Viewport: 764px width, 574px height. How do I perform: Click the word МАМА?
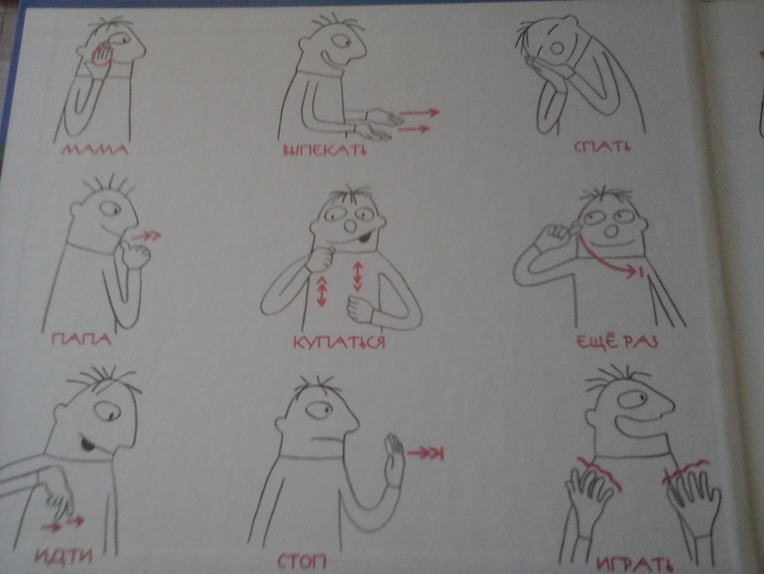coord(94,148)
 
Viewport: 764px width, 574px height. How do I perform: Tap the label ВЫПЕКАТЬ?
coord(325,149)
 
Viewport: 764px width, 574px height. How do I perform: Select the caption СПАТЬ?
coord(602,145)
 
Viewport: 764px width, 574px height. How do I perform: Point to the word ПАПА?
coord(81,339)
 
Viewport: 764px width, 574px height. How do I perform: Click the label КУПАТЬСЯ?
coord(339,342)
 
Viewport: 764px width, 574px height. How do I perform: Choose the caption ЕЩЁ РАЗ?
coord(617,341)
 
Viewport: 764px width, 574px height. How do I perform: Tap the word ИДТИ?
coord(64,555)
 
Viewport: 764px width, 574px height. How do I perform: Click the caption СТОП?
coord(302,562)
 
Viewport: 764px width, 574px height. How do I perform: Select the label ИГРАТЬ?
coord(635,564)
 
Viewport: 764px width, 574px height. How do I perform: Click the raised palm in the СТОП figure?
coord(394,459)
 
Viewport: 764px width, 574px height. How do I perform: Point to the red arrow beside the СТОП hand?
coord(426,454)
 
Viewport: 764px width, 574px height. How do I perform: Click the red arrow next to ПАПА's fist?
coord(146,236)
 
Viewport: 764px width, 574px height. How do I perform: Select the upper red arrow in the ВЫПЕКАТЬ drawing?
coord(419,113)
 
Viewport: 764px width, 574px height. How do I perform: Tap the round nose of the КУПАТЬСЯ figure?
coord(350,226)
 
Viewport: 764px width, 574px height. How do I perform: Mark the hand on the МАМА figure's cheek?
coord(102,55)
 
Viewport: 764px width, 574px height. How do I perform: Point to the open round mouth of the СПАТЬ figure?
coord(557,47)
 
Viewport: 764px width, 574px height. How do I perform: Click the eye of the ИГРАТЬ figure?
coord(633,401)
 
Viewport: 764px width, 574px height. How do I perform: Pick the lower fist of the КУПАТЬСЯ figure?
coord(360,309)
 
